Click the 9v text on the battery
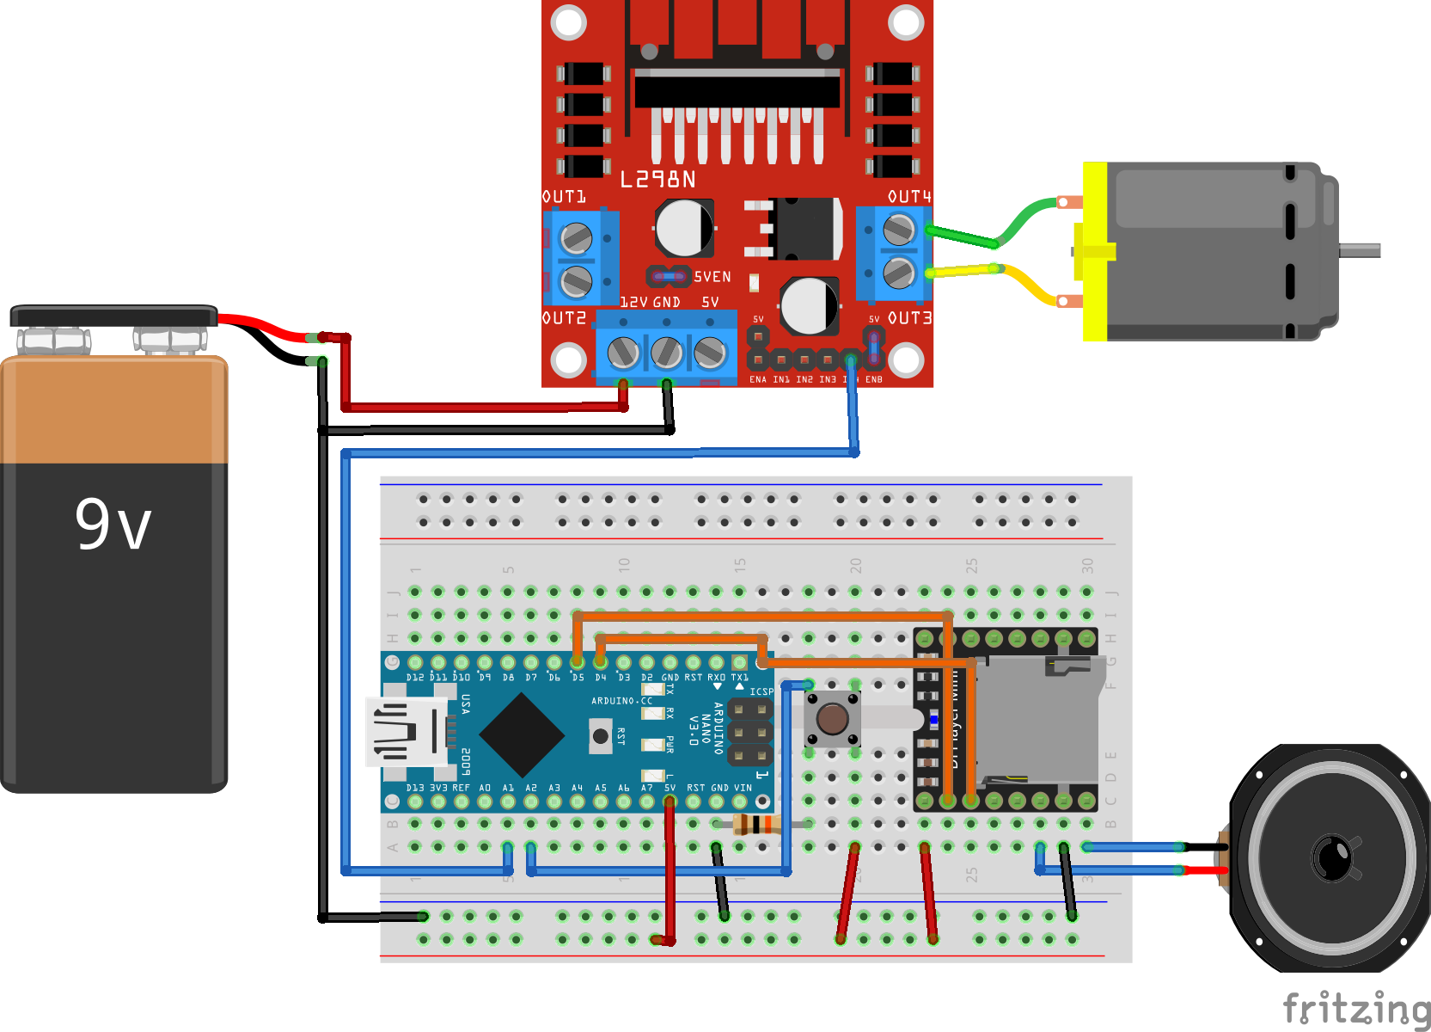[x=113, y=524]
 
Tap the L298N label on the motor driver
[x=657, y=180]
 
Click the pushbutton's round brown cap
[x=832, y=718]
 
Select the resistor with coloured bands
[x=755, y=826]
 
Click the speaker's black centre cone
[x=1331, y=857]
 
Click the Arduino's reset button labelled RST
[x=601, y=736]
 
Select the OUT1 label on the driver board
[x=564, y=197]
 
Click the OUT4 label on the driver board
[x=909, y=197]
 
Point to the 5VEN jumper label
[x=712, y=277]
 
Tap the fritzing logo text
[x=1356, y=1008]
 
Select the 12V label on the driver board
[x=633, y=303]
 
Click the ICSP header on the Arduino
[x=749, y=732]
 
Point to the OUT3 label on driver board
[x=909, y=318]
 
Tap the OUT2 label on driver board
[x=564, y=318]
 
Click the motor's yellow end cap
[x=1095, y=251]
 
